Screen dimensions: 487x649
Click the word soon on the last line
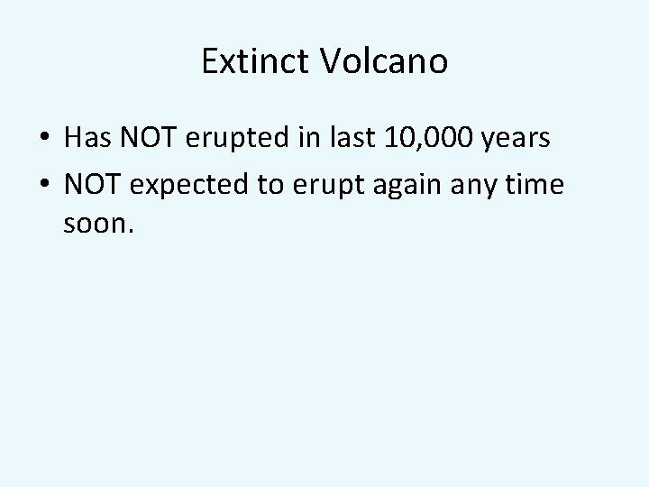tap(96, 222)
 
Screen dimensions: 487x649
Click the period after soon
tap(133, 230)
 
